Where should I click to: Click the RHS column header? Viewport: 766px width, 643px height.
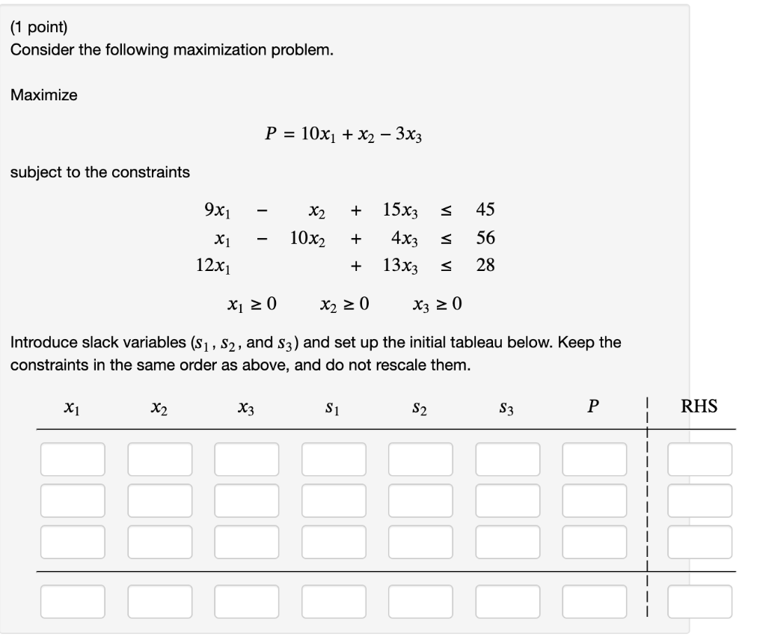[x=699, y=406]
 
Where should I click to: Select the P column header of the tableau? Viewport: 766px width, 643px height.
[x=593, y=406]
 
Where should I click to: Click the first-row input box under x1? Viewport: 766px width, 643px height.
[x=73, y=459]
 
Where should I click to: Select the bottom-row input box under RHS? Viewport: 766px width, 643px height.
[x=699, y=601]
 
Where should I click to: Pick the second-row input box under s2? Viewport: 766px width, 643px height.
[x=420, y=500]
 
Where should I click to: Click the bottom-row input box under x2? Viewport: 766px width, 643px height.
[x=159, y=601]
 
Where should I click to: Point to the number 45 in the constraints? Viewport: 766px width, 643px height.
[x=485, y=210]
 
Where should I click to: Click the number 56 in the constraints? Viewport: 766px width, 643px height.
[x=485, y=238]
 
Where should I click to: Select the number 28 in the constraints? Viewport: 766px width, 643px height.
[x=485, y=265]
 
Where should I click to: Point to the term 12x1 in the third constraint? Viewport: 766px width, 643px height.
[x=214, y=266]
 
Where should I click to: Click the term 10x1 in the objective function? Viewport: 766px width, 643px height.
[x=319, y=135]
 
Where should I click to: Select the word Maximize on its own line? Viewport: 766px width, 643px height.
[x=43, y=96]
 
